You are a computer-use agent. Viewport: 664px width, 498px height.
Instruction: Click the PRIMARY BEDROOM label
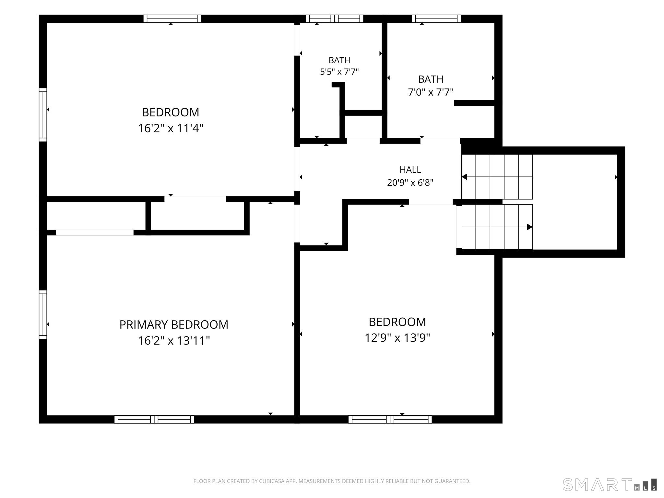click(x=174, y=325)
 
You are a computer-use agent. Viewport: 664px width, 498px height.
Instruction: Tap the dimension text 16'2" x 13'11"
click(x=174, y=341)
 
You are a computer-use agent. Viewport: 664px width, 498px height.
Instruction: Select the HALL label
click(x=410, y=170)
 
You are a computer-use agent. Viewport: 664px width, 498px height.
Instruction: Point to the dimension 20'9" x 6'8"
click(x=410, y=183)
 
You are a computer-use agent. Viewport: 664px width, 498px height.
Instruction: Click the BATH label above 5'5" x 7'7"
click(x=339, y=60)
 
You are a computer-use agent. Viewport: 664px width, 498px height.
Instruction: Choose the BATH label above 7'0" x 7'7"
click(x=431, y=79)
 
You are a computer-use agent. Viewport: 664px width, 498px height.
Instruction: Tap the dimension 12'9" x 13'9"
click(x=397, y=338)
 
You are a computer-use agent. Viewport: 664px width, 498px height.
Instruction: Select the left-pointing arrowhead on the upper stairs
click(x=464, y=177)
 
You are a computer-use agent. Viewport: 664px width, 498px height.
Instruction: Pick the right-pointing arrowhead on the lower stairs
click(x=529, y=227)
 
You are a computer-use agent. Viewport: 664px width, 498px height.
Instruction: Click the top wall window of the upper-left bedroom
click(x=172, y=19)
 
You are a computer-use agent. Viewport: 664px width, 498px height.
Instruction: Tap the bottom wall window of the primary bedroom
click(x=154, y=420)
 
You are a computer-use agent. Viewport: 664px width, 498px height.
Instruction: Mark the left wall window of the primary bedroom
click(x=43, y=314)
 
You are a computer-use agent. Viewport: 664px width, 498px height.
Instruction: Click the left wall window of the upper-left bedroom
click(x=43, y=115)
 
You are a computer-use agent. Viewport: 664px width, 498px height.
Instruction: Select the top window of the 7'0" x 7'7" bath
click(x=436, y=19)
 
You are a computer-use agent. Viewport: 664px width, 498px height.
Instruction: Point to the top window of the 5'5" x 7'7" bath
click(x=335, y=19)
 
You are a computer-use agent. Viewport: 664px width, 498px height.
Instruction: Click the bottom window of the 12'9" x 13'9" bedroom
click(x=390, y=420)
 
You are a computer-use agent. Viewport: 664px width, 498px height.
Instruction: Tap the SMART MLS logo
click(x=610, y=484)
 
